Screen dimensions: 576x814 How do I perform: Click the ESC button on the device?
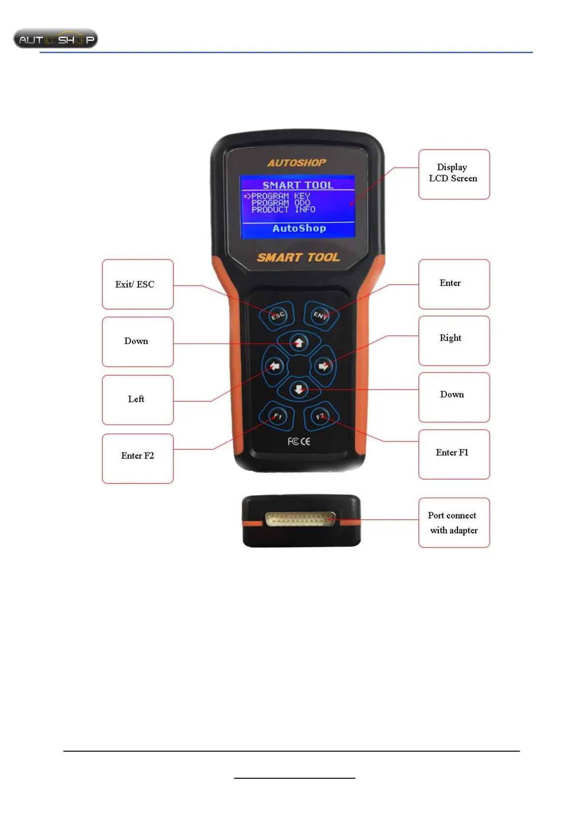(277, 316)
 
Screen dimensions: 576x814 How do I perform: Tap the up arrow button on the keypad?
(299, 343)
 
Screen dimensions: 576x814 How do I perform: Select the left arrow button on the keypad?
(275, 366)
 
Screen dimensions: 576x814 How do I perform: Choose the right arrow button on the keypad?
(323, 366)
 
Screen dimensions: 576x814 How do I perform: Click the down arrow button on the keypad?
(299, 389)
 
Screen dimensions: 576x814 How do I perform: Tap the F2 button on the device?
(320, 416)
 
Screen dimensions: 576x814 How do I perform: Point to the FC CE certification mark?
(299, 441)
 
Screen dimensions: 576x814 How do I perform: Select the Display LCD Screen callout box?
(454, 174)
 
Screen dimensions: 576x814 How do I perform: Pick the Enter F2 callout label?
(137, 456)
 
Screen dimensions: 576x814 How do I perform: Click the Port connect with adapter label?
(454, 523)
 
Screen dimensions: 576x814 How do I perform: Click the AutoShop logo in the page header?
(56, 39)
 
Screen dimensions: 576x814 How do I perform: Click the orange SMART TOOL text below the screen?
(298, 257)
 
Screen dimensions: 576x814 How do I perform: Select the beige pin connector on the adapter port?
(300, 519)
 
